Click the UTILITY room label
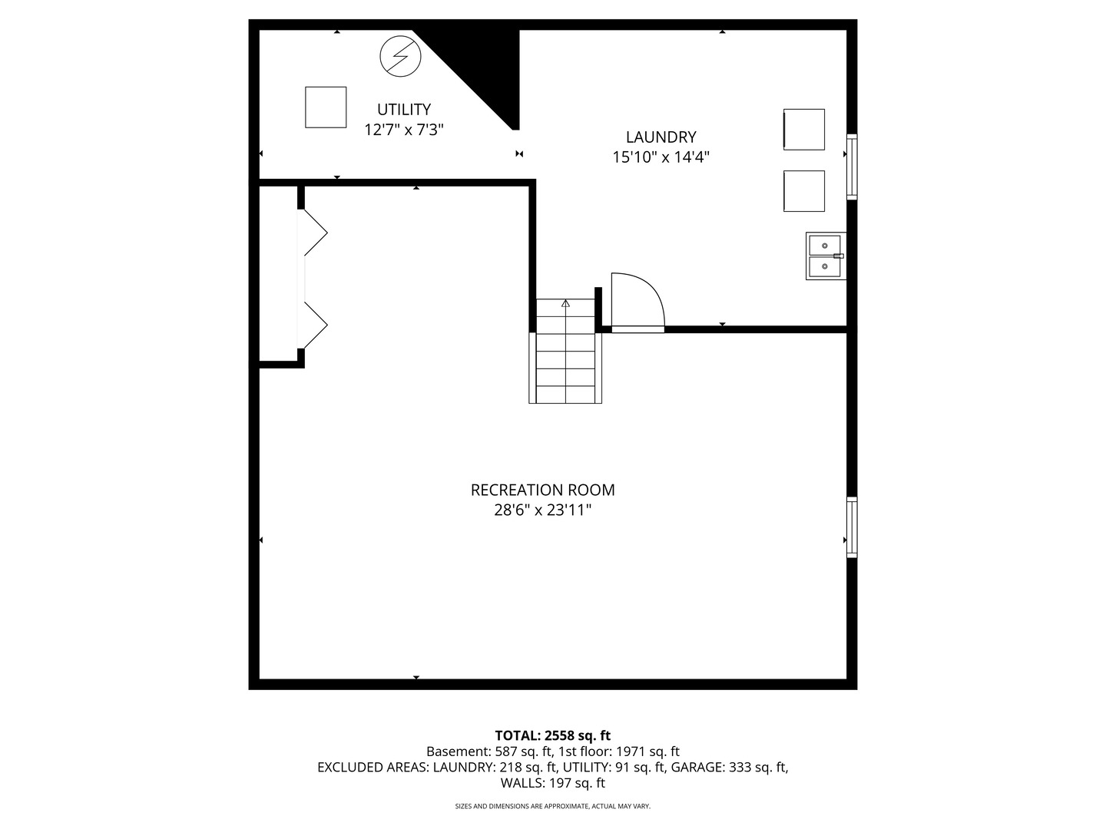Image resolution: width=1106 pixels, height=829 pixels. (x=403, y=109)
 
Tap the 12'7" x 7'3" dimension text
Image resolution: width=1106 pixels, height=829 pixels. (x=403, y=130)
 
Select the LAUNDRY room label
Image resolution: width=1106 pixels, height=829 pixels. (x=661, y=137)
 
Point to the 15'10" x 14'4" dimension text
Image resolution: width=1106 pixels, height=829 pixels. (x=661, y=157)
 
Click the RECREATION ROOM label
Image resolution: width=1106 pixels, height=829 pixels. (x=543, y=490)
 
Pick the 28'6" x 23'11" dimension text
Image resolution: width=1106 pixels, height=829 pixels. (x=543, y=510)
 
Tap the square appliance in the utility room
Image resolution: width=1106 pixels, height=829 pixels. (x=326, y=107)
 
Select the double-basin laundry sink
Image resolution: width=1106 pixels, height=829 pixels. (x=826, y=256)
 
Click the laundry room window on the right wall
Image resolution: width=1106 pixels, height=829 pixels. (x=852, y=167)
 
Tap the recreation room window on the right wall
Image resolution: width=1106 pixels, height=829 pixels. (x=852, y=527)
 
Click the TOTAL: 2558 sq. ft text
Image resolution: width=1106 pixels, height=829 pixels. (x=553, y=735)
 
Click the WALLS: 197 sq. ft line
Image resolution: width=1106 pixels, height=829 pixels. (x=553, y=783)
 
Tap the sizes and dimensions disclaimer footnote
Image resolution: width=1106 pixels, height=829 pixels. (x=553, y=806)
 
